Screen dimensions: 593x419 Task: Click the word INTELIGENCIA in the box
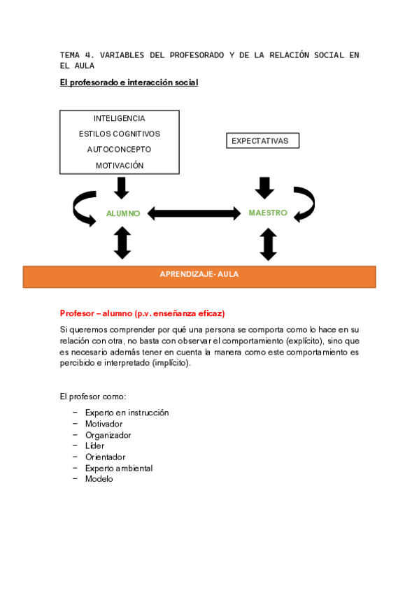click(120, 118)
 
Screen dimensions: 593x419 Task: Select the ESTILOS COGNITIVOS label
click(120, 134)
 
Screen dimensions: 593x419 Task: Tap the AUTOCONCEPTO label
click(120, 150)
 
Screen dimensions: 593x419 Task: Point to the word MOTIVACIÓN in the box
click(120, 166)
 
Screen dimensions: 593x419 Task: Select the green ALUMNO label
click(123, 213)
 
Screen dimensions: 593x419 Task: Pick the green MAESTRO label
click(268, 213)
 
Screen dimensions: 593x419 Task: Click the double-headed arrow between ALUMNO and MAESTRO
click(194, 213)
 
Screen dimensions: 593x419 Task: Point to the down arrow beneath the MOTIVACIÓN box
click(122, 187)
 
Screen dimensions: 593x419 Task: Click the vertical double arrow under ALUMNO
click(122, 243)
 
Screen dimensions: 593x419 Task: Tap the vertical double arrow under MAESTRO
click(268, 244)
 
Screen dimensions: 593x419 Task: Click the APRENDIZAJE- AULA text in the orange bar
click(199, 275)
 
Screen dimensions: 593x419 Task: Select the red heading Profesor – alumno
click(142, 313)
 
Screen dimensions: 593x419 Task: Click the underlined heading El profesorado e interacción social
click(129, 83)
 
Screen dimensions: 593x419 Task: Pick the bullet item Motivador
click(104, 424)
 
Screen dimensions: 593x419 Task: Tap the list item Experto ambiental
click(119, 468)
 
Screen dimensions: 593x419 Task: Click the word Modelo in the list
click(99, 479)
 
